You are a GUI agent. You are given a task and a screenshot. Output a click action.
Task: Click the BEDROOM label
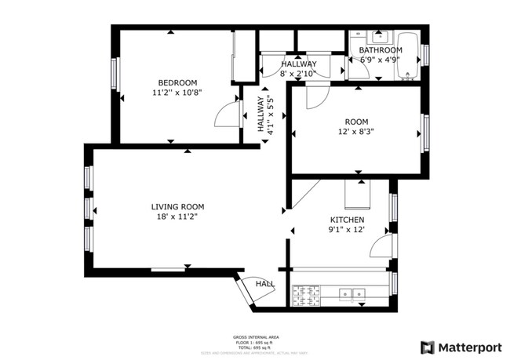coord(177,82)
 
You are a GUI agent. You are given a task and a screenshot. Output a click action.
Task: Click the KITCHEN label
coord(347,220)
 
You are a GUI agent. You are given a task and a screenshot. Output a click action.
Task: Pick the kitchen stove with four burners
coord(308,295)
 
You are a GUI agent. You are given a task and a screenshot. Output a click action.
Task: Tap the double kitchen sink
coord(352,295)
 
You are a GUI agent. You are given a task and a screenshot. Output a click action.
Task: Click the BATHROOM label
coord(381,49)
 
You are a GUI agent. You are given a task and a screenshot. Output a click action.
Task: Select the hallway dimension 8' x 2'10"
coord(299,74)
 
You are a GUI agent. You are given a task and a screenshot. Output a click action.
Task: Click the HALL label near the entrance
coord(264,284)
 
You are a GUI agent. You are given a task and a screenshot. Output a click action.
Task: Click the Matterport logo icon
coord(428,347)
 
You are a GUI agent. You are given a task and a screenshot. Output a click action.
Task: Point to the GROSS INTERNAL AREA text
coord(256,336)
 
